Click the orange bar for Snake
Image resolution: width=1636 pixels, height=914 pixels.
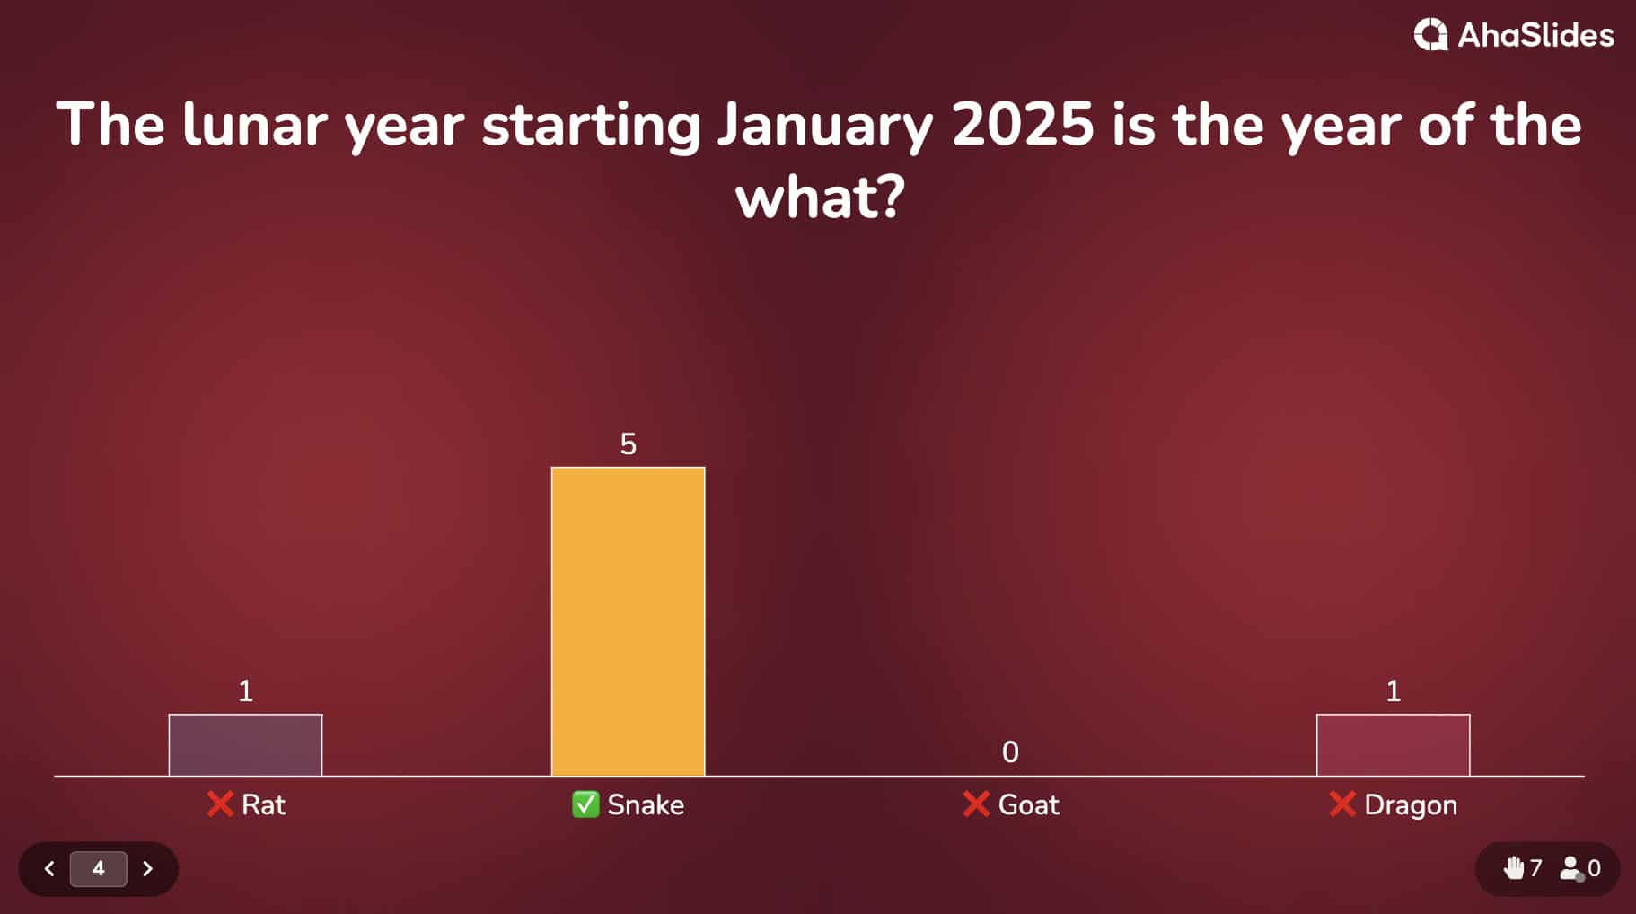coord(628,620)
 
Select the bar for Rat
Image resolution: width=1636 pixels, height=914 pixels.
coord(245,744)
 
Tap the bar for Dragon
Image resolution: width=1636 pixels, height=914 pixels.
coord(1393,744)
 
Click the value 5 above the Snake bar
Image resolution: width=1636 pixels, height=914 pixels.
coord(628,444)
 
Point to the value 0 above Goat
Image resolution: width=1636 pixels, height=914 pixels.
coord(1010,752)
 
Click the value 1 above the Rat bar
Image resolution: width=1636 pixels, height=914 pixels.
coord(245,690)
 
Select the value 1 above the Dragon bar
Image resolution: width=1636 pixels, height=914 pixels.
coord(1393,690)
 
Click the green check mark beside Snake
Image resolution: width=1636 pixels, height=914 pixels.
coord(585,804)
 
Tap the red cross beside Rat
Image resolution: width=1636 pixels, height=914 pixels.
coord(220,804)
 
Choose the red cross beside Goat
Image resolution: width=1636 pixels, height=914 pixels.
coord(976,804)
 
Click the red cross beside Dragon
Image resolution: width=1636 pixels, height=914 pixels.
coord(1342,804)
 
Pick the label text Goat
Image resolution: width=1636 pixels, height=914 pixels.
coord(1029,804)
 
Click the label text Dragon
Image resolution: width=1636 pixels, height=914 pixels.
coord(1411,804)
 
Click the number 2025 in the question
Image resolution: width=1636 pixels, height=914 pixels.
coord(1023,124)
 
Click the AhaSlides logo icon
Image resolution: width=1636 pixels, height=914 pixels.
coord(1430,35)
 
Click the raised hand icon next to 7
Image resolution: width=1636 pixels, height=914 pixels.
coord(1514,868)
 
